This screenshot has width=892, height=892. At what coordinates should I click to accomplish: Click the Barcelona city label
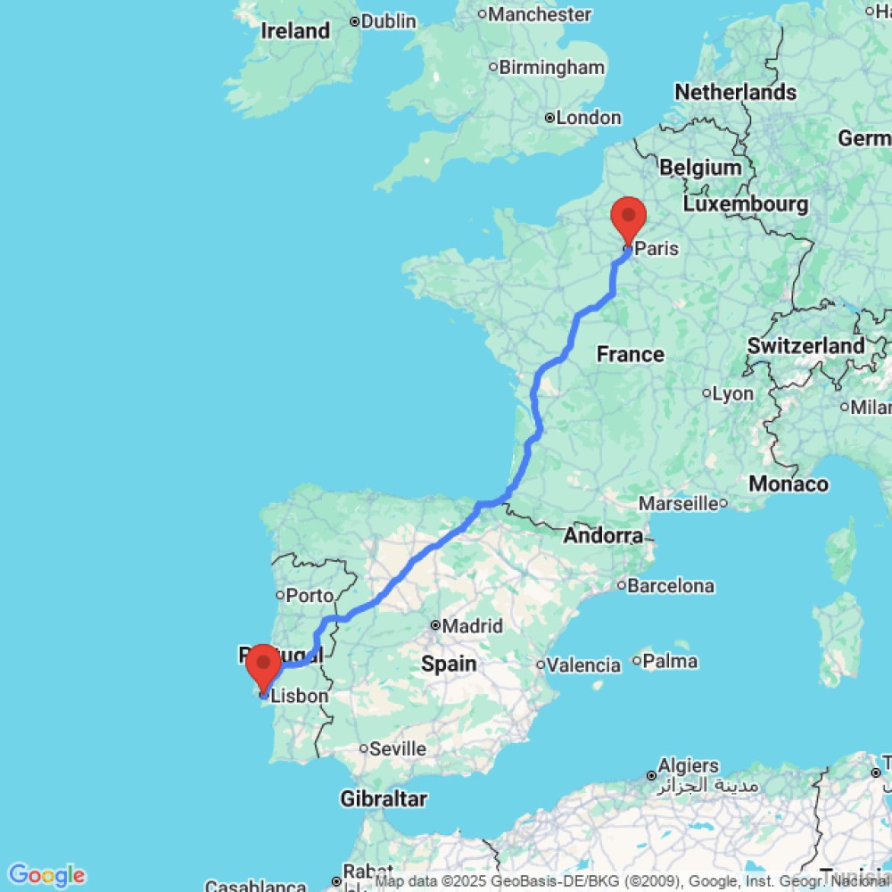(671, 586)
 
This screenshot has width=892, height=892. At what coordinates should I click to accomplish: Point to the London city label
(588, 118)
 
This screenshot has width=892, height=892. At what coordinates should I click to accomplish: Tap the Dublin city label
(389, 21)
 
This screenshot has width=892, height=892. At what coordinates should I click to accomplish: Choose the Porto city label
(310, 595)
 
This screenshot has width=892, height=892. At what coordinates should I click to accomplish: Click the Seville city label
(397, 748)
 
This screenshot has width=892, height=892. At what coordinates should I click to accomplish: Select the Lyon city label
(732, 393)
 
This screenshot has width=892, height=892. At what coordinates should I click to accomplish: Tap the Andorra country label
(603, 536)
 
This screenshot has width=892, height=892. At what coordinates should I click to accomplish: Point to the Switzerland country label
(806, 345)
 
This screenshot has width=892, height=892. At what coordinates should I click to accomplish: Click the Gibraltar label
(384, 798)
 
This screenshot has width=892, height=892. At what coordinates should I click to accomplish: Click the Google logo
(45, 875)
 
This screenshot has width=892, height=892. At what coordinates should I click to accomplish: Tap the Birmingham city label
(551, 67)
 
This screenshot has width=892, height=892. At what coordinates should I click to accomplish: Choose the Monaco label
(788, 483)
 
